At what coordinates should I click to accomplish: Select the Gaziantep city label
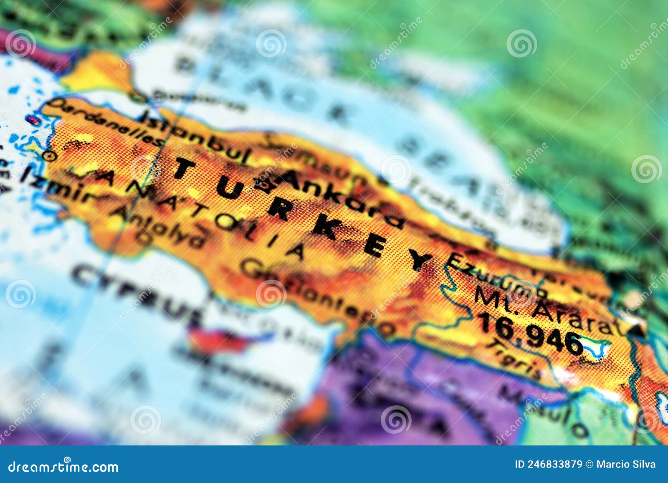point(317,296)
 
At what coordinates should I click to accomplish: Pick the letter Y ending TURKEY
point(420,261)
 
